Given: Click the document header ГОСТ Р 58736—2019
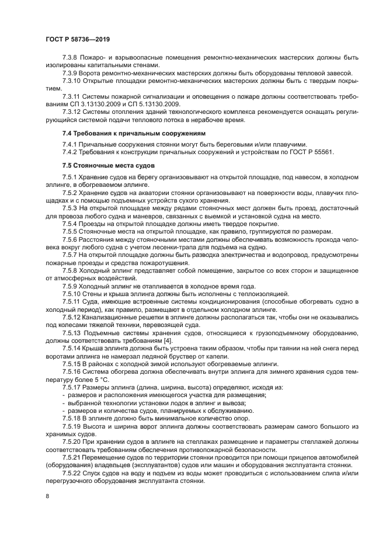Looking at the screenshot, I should click(x=78, y=39).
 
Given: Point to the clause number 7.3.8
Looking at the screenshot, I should click(x=71, y=58).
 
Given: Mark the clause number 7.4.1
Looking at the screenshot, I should click(x=71, y=144).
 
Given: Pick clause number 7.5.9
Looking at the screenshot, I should click(x=71, y=286).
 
